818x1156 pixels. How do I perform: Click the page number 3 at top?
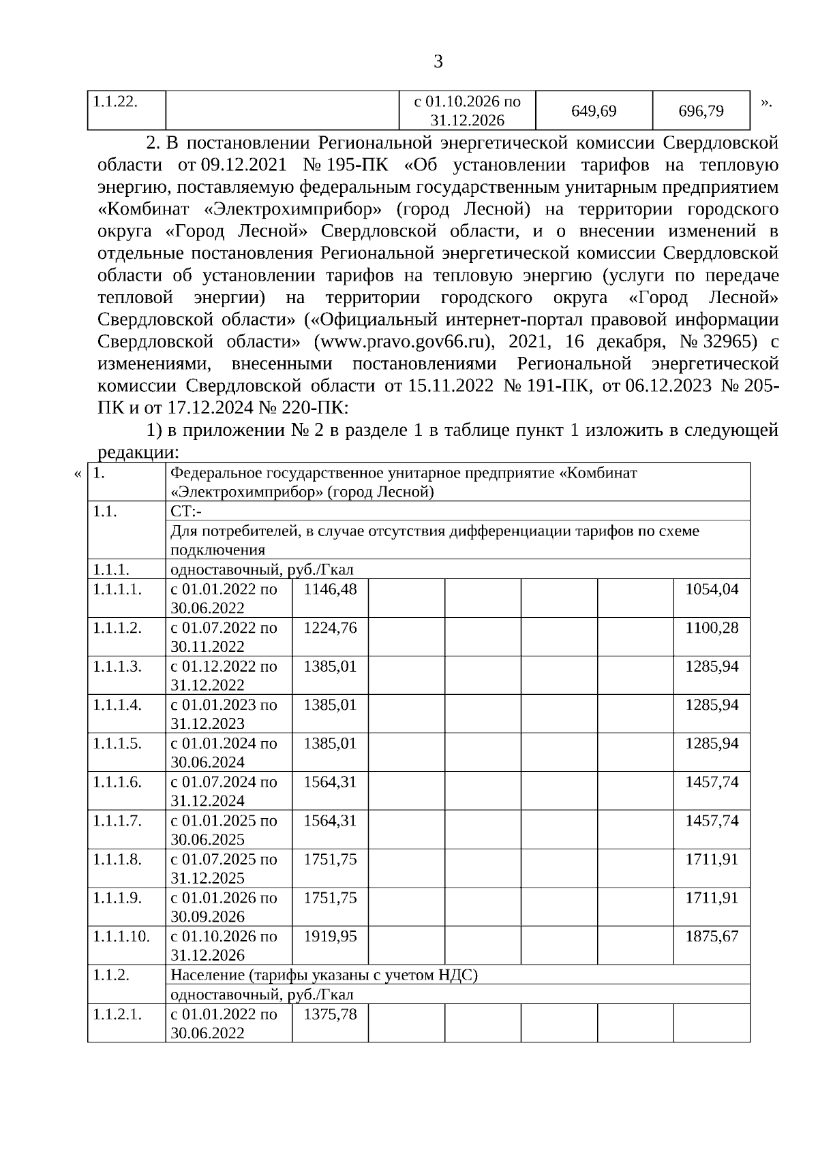coord(438,62)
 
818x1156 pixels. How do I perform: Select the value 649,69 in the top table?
coord(594,110)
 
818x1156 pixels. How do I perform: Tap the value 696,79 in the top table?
coord(701,110)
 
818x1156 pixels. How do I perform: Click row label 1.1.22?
coord(115,101)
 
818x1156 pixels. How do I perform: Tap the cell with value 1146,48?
coord(330,589)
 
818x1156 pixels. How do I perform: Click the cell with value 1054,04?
coord(712,589)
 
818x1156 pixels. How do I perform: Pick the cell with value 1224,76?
coord(330,628)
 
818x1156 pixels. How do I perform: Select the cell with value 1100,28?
coord(712,628)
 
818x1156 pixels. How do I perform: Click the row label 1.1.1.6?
coord(117,782)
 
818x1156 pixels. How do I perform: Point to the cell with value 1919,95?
coord(330,936)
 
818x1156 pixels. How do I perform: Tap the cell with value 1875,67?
coord(712,936)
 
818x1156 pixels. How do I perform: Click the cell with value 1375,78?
coord(330,1014)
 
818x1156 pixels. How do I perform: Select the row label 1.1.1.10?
coord(121,936)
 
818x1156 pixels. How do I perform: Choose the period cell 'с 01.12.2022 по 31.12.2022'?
coord(224,675)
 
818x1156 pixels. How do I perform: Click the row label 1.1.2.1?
coord(117,1014)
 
